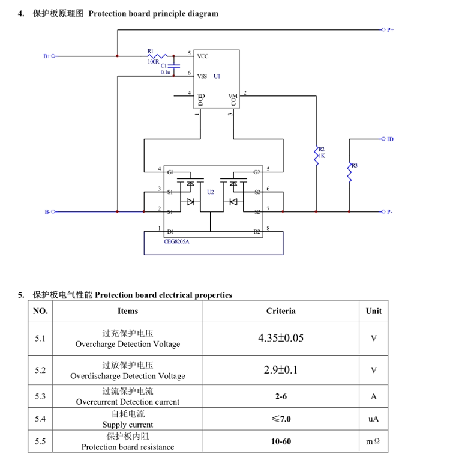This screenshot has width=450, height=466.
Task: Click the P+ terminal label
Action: pyautogui.click(x=390, y=29)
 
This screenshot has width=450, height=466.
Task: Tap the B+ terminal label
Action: pyautogui.click(x=46, y=56)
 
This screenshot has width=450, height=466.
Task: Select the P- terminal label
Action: pyautogui.click(x=390, y=212)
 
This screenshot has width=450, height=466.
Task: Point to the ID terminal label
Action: pyautogui.click(x=390, y=139)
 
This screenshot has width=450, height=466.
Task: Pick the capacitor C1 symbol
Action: pyautogui.click(x=173, y=65)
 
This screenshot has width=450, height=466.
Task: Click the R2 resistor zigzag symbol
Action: pyautogui.click(x=316, y=156)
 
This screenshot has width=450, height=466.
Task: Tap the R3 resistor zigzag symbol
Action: pyautogui.click(x=349, y=172)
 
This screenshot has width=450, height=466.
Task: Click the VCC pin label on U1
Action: pyautogui.click(x=203, y=56)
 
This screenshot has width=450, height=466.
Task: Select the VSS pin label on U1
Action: pyautogui.click(x=202, y=76)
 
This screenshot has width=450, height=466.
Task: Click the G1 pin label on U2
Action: pyautogui.click(x=170, y=172)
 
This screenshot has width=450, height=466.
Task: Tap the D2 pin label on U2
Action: pyautogui.click(x=256, y=231)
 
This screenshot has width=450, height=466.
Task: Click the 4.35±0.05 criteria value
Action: pyautogui.click(x=281, y=338)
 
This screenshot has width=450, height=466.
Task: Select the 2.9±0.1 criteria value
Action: pyautogui.click(x=281, y=370)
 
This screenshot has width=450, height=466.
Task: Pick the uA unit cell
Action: pyautogui.click(x=374, y=419)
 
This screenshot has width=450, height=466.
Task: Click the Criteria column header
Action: pyautogui.click(x=281, y=311)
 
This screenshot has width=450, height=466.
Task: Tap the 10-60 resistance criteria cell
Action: pyautogui.click(x=281, y=441)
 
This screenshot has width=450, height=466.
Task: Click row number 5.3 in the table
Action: pyautogui.click(x=40, y=396)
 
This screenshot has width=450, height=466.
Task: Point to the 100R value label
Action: pyautogui.click(x=153, y=62)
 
